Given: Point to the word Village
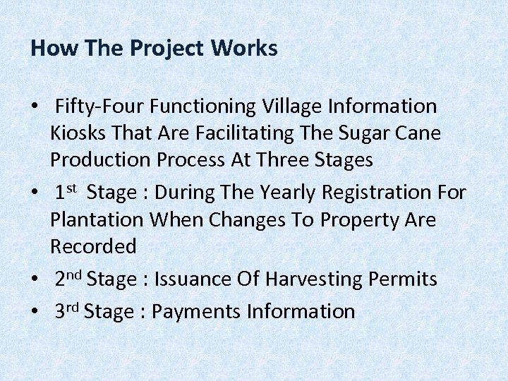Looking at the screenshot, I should (289, 107).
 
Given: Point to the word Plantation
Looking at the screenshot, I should (97, 219).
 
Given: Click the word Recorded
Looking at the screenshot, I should (93, 246).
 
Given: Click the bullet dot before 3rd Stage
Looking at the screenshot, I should (35, 312).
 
